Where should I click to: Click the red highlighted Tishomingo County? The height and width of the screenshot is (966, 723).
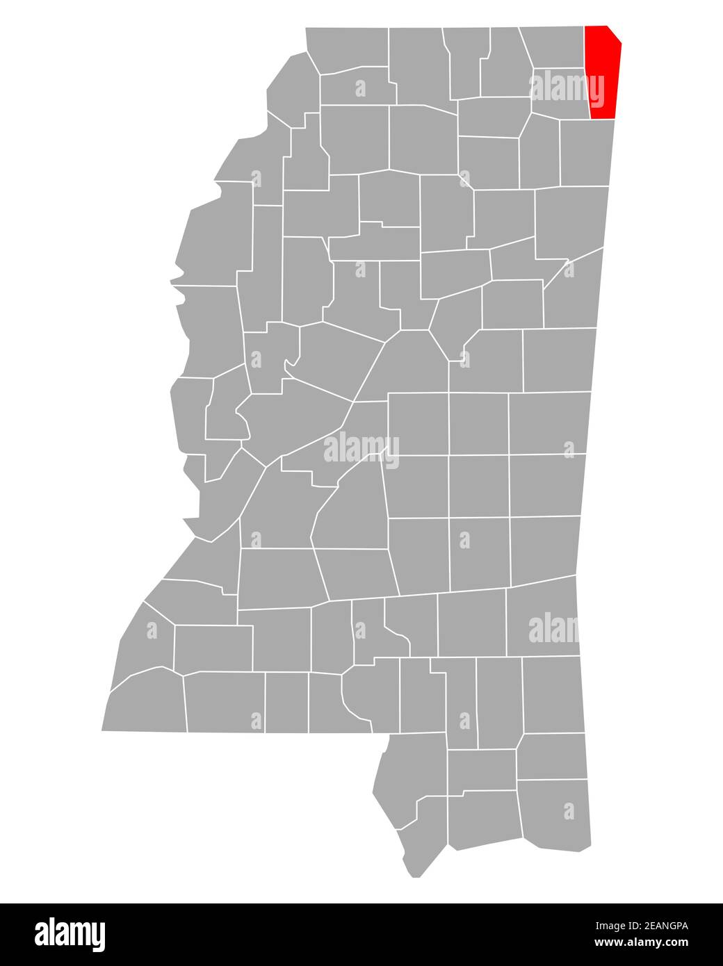(603, 69)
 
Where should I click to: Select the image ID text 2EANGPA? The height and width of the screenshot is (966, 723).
(641, 926)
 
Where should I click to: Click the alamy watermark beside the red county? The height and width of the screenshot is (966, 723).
(567, 88)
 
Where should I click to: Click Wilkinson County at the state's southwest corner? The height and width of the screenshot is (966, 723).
(146, 702)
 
